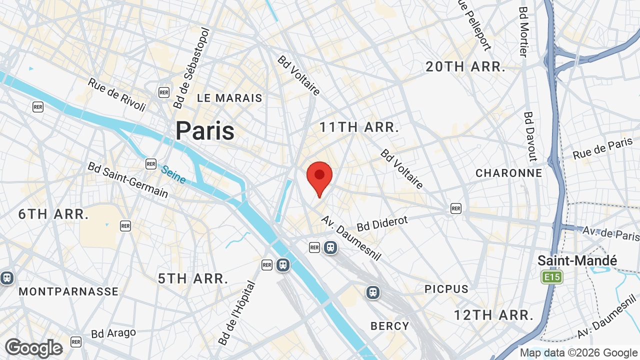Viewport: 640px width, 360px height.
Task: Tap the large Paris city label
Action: tap(205, 131)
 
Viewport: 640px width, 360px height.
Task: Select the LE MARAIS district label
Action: tap(229, 98)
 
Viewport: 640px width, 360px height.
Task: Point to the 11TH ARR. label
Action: tap(359, 127)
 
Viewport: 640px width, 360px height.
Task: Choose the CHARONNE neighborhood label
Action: tap(509, 173)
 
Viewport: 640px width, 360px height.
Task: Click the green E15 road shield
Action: tap(551, 277)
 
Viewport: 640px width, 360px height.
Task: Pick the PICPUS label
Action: tap(446, 289)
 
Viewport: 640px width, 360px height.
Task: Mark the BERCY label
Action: tap(390, 326)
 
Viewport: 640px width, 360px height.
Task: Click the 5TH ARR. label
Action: tap(193, 278)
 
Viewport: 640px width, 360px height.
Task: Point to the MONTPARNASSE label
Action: tap(68, 291)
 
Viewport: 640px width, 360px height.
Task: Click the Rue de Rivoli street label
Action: tap(117, 95)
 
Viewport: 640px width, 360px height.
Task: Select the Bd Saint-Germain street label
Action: tap(128, 179)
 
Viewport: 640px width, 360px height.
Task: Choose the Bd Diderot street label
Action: tap(382, 223)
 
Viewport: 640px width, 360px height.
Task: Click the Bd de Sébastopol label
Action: tap(192, 68)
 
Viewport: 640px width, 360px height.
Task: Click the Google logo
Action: tap(34, 348)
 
